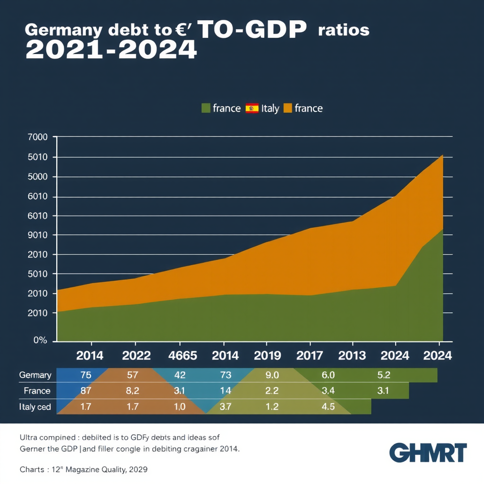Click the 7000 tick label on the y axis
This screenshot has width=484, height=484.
[38, 138]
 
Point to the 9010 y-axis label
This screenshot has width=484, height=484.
[38, 235]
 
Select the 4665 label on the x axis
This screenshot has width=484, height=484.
[180, 356]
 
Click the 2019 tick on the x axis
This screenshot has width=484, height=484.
[267, 356]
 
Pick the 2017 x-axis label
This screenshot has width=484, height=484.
[310, 356]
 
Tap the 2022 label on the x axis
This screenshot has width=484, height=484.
[136, 356]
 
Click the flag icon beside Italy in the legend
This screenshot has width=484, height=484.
[252, 108]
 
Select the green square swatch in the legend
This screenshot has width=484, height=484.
[206, 108]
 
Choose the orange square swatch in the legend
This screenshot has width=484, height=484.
[287, 108]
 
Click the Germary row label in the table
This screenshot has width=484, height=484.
[35, 375]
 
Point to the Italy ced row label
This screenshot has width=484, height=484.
[35, 406]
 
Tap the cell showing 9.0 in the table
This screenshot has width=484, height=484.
[273, 375]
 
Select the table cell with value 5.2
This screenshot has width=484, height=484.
[384, 375]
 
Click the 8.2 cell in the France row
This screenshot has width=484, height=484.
[133, 391]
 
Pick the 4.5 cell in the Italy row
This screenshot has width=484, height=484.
[328, 406]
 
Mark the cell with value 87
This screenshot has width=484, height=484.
[86, 391]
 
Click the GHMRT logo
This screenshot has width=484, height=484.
[428, 453]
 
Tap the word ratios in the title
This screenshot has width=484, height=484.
[344, 30]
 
